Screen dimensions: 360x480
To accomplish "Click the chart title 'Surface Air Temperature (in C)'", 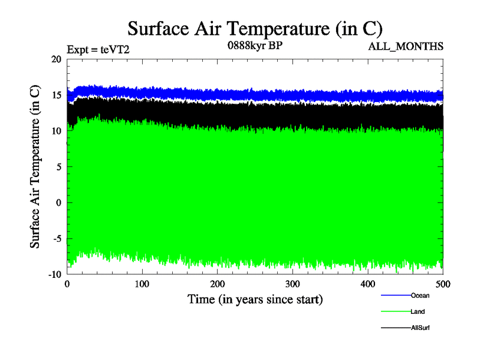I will tap(254, 28).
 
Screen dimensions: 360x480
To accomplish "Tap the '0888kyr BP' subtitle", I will tap(255, 46).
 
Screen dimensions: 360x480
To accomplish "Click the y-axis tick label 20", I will tap(56, 59).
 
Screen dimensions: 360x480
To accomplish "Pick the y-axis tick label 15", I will tap(56, 95).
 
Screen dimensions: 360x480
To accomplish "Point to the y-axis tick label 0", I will tap(59, 203).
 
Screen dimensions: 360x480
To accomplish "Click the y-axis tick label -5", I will tap(56, 238).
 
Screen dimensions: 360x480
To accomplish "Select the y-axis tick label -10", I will tap(54, 274).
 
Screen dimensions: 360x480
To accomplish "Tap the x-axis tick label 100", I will tap(142, 284).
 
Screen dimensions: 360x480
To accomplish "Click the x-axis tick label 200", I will tap(217, 284).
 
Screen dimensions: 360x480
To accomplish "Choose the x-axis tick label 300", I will tap(293, 284).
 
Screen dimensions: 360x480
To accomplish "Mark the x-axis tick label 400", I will tap(368, 284).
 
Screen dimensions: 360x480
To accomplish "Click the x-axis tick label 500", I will tap(443, 284).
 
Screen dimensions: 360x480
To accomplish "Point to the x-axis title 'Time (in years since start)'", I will tap(255, 299).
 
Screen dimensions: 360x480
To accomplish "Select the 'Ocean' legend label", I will tap(420, 295).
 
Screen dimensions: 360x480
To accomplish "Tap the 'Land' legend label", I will tap(418, 311).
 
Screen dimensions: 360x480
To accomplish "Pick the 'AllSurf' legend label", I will tap(421, 328).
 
